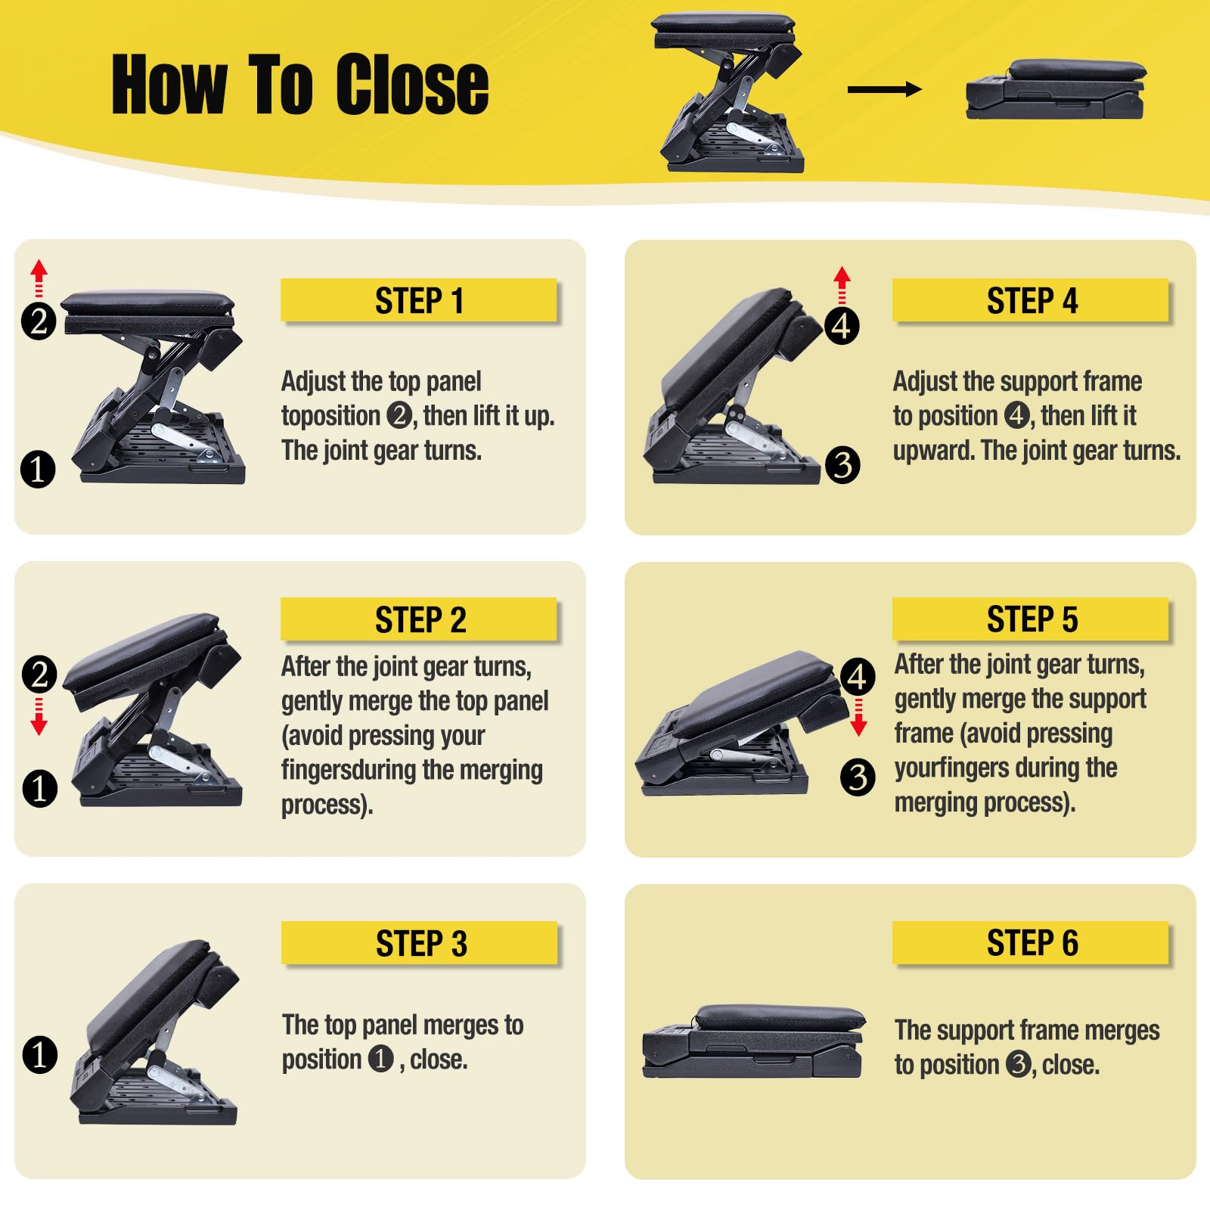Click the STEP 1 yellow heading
coord(419,300)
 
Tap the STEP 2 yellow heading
coord(420,619)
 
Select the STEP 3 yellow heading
coord(420,943)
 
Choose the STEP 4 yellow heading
coord(1032,300)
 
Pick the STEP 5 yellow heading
coord(1032,619)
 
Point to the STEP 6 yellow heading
coord(1032,942)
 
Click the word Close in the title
coord(412,85)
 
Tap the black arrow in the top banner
coord(884,89)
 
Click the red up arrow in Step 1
coord(39,278)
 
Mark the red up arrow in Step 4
coord(842,284)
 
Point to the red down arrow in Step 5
coord(858,717)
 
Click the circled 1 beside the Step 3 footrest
coord(39,1054)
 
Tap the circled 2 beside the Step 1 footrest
coord(39,321)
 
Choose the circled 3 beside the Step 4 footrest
coord(842,464)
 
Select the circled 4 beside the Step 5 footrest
coord(857,676)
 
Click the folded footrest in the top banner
coord(1056,89)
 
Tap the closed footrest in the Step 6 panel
coord(753,1041)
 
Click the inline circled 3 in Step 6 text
coord(1018,1064)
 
